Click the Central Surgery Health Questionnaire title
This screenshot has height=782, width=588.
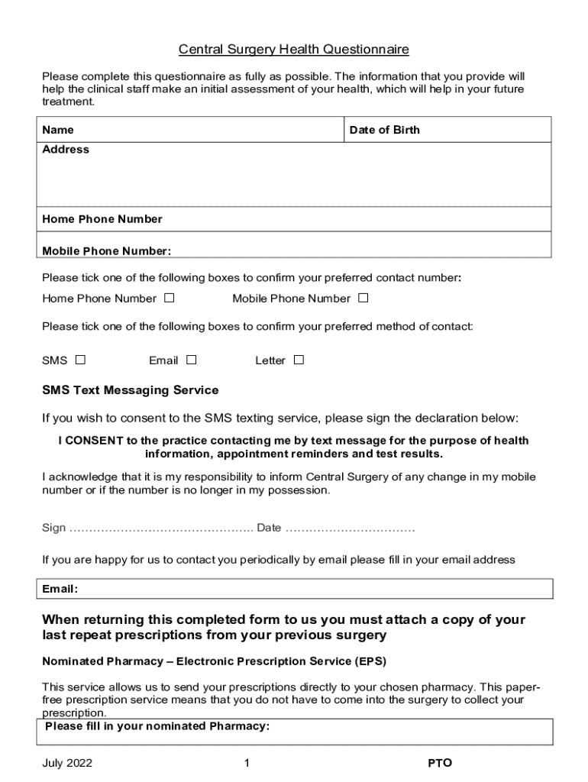pos(294,50)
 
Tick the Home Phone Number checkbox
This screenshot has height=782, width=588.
pos(169,298)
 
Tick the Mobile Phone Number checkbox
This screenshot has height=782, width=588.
pos(363,298)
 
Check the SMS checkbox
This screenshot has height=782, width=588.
pos(80,360)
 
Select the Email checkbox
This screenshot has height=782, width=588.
pos(191,360)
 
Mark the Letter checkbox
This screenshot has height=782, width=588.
pos(299,360)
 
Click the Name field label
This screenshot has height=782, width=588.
pos(58,131)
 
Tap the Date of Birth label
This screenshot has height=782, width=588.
pos(384,131)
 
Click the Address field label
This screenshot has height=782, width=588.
pos(66,150)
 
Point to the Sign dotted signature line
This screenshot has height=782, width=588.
pos(161,528)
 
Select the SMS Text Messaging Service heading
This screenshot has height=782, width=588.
pos(130,390)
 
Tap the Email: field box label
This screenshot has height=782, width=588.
pos(60,590)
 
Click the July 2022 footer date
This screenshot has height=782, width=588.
pos(68,763)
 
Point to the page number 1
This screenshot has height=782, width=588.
pos(247,763)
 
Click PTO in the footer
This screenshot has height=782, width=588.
pos(440,763)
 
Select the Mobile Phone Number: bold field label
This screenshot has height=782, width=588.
pos(106,251)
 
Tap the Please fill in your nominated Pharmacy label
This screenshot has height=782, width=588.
pos(157,726)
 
